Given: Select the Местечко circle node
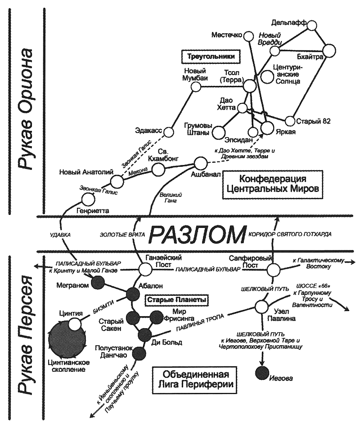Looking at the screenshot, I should tap(247, 36).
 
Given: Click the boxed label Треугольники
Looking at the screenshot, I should tap(210, 57).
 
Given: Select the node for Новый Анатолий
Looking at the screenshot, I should tap(117, 181).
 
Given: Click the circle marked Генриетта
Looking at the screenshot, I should tap(89, 199).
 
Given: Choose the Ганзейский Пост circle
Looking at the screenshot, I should tap(145, 269).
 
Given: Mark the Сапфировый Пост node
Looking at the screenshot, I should tap(273, 270).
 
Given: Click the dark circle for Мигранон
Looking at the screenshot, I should tap(98, 282).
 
